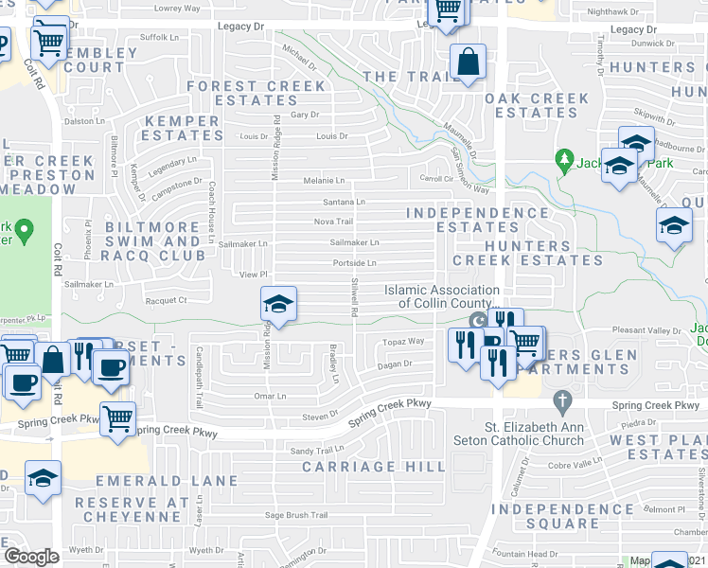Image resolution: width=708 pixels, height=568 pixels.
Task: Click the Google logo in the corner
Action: pyautogui.click(x=31, y=556)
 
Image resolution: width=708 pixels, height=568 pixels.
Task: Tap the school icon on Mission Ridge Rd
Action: pyautogui.click(x=278, y=304)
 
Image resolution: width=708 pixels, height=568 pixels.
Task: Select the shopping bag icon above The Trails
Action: pyautogui.click(x=468, y=62)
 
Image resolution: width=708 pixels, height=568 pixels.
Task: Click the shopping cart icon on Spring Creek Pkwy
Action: pyautogui.click(x=117, y=417)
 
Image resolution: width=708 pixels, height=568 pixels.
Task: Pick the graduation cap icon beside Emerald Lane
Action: pyautogui.click(x=43, y=478)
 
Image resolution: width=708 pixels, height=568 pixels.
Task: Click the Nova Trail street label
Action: pyautogui.click(x=333, y=222)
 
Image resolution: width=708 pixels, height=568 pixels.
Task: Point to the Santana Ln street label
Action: pyautogui.click(x=344, y=202)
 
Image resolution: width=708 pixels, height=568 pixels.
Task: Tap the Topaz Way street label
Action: pyautogui.click(x=401, y=340)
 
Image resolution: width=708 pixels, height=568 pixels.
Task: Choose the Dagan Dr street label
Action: pyautogui.click(x=394, y=364)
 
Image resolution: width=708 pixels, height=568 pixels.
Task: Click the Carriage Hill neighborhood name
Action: pyautogui.click(x=373, y=467)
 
